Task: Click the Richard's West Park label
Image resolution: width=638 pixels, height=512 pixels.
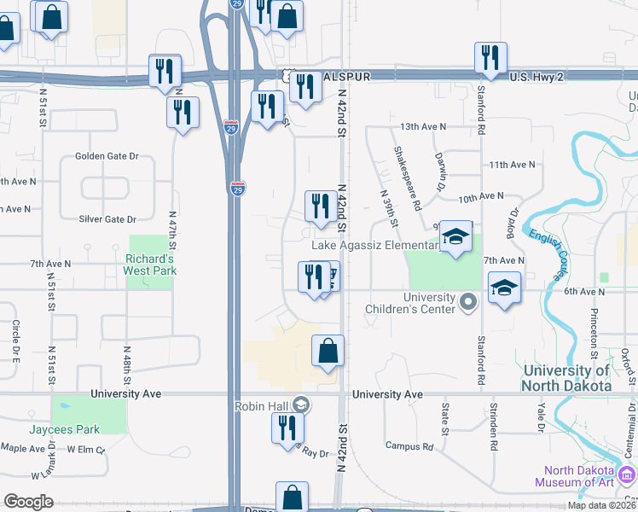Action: [x=150, y=264]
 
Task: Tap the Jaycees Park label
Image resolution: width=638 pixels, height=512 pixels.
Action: [x=65, y=429]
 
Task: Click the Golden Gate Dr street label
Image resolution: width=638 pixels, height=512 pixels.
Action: [x=107, y=156]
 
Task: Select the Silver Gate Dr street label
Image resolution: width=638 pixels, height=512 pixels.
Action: [x=107, y=219]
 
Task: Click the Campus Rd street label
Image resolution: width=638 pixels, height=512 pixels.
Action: [x=409, y=446]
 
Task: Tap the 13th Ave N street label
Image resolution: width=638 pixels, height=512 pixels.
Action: [x=423, y=126]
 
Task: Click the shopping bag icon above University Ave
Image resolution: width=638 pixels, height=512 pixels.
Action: [x=328, y=351]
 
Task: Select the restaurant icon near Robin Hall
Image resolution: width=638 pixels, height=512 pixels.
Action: [x=287, y=428]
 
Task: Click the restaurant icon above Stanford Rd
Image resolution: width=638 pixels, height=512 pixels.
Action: [x=490, y=58]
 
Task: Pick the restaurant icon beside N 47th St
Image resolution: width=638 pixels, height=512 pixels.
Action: [x=183, y=113]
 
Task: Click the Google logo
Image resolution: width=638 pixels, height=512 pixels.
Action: [x=29, y=502]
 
